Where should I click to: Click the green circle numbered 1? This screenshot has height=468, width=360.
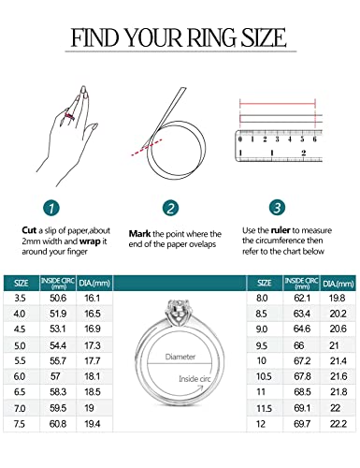click(x=52, y=208)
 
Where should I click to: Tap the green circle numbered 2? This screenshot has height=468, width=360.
click(x=170, y=208)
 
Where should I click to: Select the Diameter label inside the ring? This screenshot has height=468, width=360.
click(x=180, y=356)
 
